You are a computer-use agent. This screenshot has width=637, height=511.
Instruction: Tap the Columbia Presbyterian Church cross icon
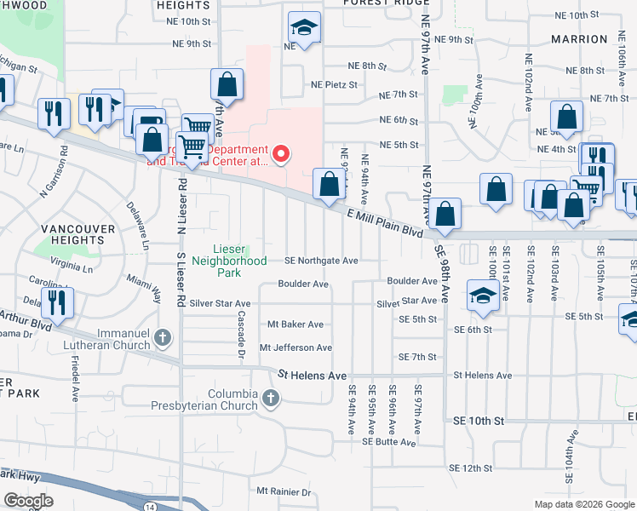270,398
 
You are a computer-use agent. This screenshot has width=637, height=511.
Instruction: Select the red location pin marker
280,154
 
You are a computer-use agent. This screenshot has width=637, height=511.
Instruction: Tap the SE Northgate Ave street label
321,261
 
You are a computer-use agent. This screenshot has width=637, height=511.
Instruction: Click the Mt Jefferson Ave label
296,347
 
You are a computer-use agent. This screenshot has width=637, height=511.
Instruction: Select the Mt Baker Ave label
296,324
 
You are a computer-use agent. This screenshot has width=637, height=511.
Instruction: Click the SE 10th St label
479,421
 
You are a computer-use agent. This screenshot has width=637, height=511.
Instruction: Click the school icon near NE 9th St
303,28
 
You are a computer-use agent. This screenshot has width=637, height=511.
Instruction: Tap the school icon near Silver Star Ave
483,296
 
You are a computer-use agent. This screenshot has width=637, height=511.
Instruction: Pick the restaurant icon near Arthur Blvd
58,302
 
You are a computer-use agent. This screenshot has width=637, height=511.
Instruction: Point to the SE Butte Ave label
388,442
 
